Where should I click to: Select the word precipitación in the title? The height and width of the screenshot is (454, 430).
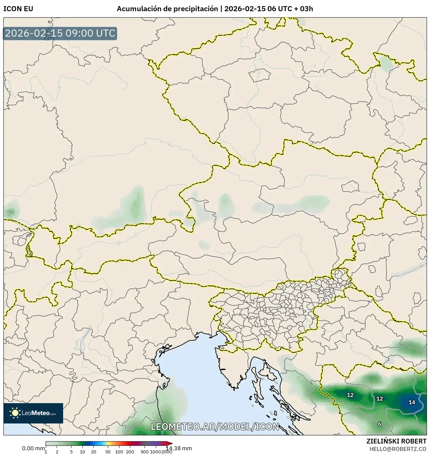point(195,9)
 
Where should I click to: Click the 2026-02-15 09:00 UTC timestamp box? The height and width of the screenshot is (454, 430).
point(60,34)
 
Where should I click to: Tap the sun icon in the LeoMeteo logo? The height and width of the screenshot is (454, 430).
point(15,413)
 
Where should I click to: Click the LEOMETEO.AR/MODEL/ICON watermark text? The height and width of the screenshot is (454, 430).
point(215,426)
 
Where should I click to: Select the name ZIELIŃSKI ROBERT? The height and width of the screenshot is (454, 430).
point(396,441)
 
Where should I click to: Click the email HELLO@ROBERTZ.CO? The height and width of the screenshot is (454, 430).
point(398,449)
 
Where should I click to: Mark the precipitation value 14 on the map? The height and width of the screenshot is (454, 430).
point(412,402)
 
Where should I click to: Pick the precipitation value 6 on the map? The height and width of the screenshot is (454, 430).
point(380,424)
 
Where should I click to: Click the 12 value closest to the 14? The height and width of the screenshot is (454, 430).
point(380,399)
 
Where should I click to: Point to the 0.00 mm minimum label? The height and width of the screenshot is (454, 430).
point(33,448)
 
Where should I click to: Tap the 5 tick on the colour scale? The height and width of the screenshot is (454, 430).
point(71,452)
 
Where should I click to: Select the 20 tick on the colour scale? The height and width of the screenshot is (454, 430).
point(94,452)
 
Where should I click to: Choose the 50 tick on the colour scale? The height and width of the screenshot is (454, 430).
point(108,452)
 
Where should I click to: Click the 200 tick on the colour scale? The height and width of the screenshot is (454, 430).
point(130,452)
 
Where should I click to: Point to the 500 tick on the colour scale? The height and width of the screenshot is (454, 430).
point(145,452)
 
